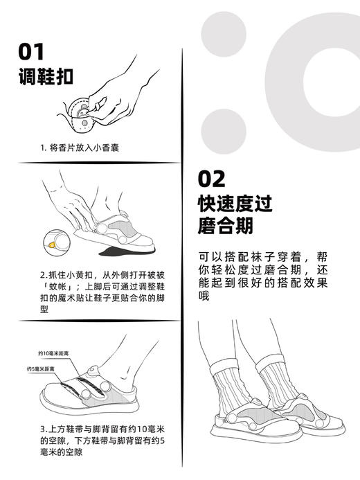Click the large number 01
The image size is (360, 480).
[x=32, y=52]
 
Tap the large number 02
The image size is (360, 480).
[x=212, y=179]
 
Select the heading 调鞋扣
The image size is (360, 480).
[x=46, y=76]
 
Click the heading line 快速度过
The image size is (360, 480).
[x=235, y=204]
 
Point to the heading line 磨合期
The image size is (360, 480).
[x=225, y=226]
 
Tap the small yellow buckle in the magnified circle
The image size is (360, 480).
[x=52, y=244]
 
